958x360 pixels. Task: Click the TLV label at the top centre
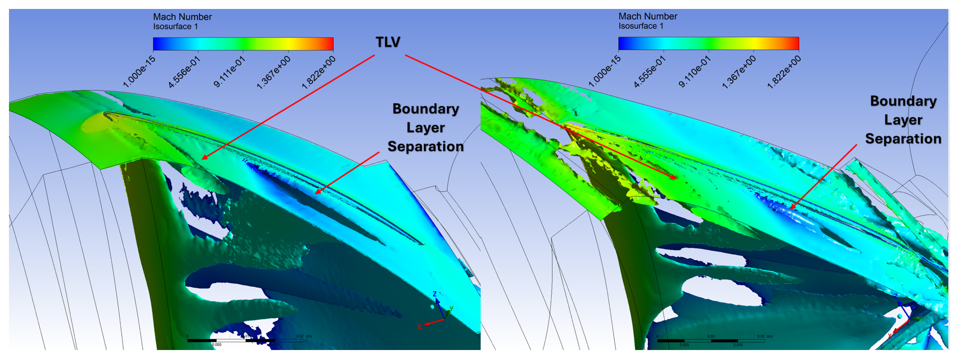[x=388, y=42]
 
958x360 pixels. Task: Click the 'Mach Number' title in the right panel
[x=648, y=16]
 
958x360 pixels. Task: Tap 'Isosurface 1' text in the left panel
[x=175, y=26]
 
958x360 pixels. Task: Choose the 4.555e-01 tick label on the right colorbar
[x=649, y=71]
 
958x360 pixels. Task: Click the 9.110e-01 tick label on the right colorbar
[x=694, y=71]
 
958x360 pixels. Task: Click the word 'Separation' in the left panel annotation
[x=425, y=146]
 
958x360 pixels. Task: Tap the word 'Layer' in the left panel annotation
[x=425, y=128]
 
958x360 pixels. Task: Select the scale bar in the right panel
[x=711, y=340]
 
